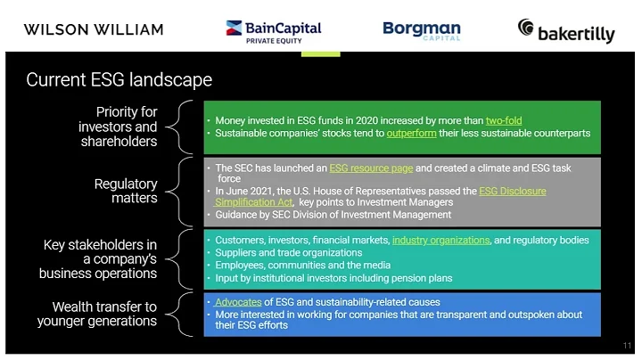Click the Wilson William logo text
pyautogui.click(x=94, y=29)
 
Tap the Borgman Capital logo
pyautogui.click(x=422, y=30)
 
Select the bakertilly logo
pyautogui.click(x=566, y=31)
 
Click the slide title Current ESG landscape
pyautogui.click(x=119, y=80)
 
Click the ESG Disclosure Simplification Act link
pyautogui.click(x=511, y=191)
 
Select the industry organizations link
pyautogui.click(x=440, y=241)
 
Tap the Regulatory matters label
pyautogui.click(x=126, y=191)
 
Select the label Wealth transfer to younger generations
pyautogui.click(x=104, y=314)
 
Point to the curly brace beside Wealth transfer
pyautogui.click(x=184, y=314)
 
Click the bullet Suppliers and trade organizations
pyautogui.click(x=289, y=253)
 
